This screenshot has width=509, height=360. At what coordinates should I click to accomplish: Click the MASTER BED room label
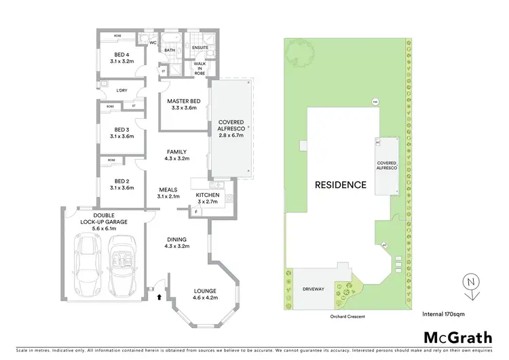(183, 102)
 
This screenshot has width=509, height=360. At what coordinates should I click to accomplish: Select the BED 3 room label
(122, 129)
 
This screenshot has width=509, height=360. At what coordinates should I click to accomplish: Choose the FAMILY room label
(176, 152)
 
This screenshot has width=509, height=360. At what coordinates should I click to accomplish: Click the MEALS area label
(169, 190)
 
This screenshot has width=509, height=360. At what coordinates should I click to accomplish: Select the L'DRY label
(122, 90)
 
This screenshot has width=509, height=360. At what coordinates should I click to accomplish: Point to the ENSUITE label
(200, 47)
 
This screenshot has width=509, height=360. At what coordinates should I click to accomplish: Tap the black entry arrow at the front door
(159, 296)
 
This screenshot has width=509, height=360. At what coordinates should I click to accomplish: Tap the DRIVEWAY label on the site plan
(314, 289)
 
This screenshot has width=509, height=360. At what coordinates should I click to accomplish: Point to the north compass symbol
(469, 283)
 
